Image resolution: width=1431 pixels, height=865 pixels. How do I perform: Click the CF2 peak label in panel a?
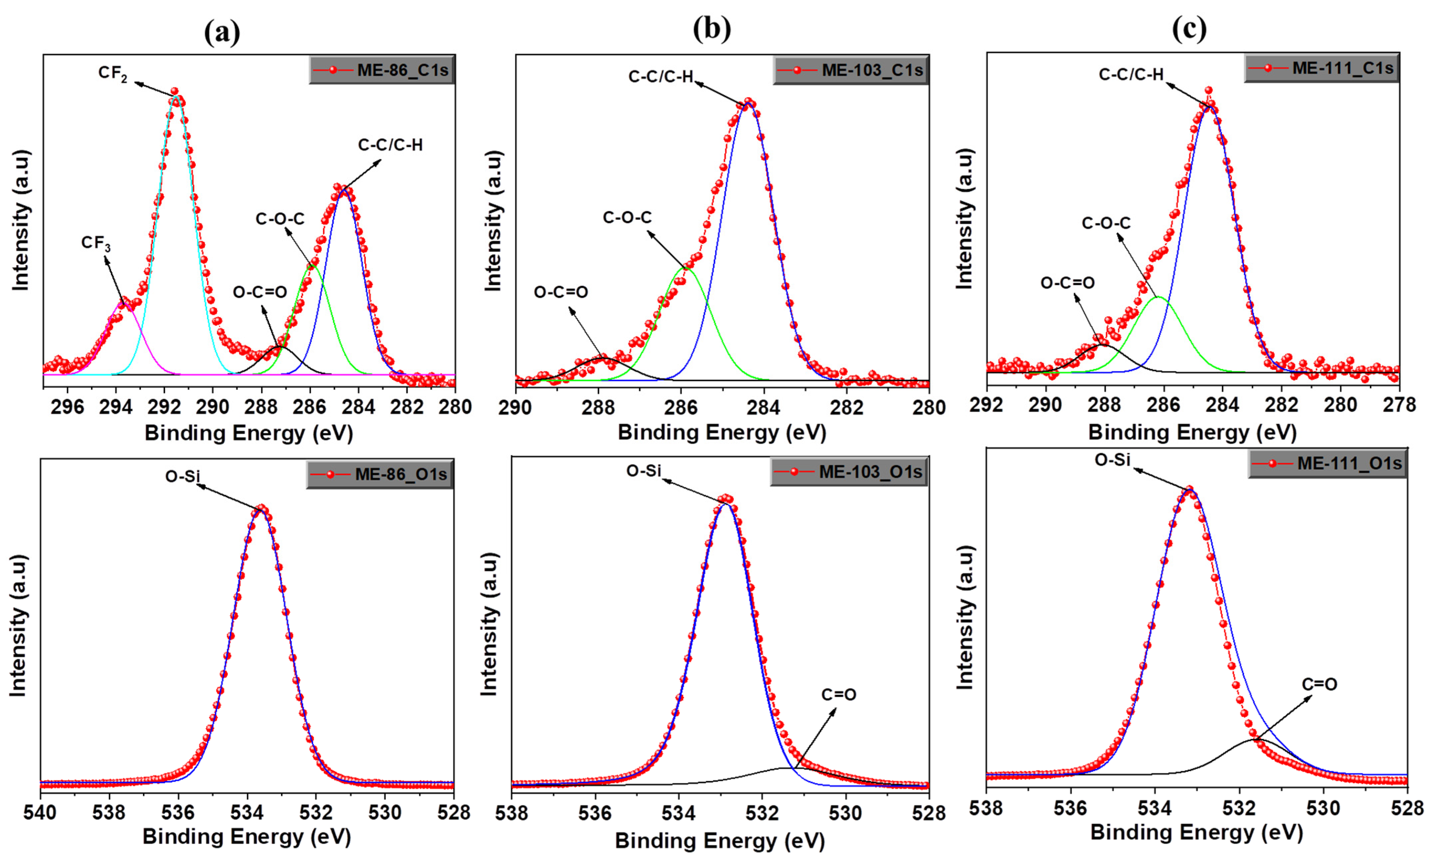[113, 74]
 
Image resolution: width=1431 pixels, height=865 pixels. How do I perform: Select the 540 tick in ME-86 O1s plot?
[40, 812]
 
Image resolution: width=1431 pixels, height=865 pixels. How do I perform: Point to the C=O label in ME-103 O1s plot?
[839, 694]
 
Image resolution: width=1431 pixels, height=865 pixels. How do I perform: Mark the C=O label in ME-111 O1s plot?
[1319, 684]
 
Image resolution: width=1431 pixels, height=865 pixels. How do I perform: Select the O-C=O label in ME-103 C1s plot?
[561, 292]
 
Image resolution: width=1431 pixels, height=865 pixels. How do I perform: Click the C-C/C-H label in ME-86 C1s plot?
[390, 145]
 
